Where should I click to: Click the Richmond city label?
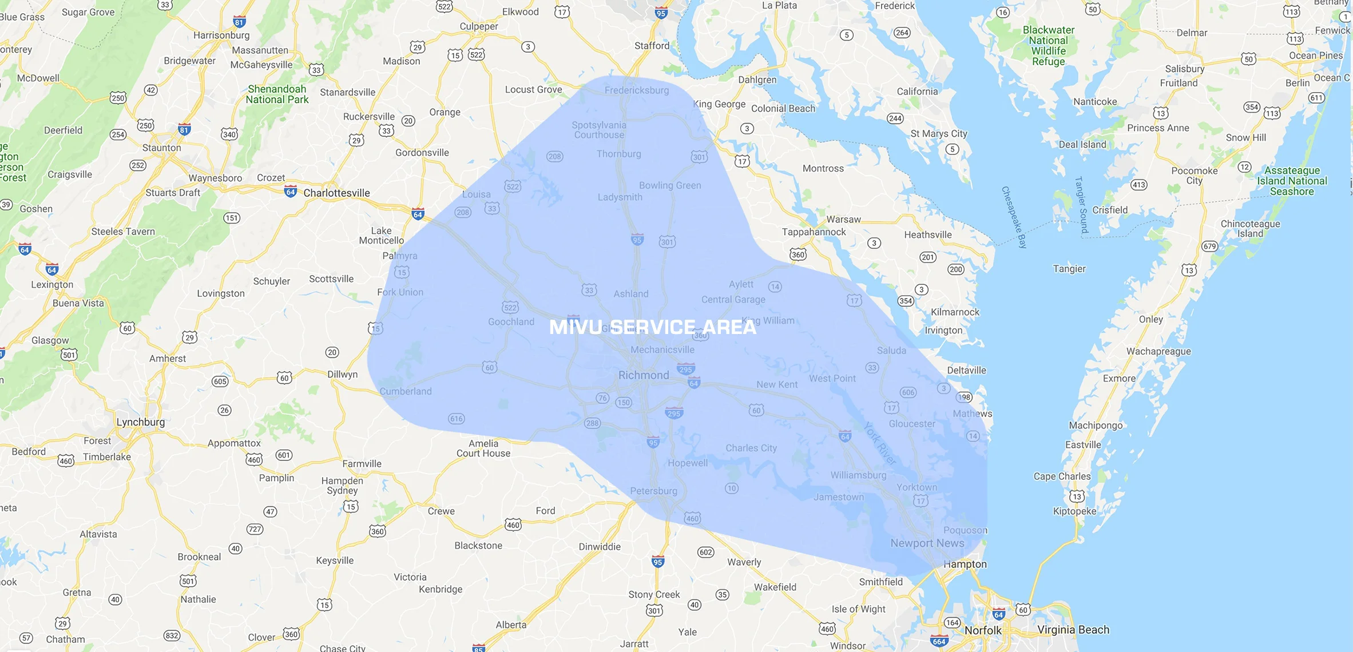point(644,375)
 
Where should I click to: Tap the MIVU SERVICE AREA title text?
point(653,327)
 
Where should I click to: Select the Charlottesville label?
point(336,193)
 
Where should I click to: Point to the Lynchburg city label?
point(141,422)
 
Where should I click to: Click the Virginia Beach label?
point(1073,630)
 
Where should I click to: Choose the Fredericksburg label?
point(636,90)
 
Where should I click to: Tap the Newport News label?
point(927,543)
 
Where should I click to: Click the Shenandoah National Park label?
point(277,94)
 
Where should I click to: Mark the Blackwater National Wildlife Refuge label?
point(1048,46)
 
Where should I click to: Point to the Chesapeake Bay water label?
point(1014,217)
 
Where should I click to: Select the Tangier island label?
point(1069,269)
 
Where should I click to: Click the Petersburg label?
point(653,491)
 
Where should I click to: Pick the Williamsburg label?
point(858,475)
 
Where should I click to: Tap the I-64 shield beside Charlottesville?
point(291,192)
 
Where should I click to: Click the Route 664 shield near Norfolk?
point(939,641)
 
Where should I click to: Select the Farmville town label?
point(362,464)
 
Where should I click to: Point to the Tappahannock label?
point(814,232)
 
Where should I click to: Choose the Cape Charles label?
point(1062,476)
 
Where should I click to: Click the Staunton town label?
point(161,148)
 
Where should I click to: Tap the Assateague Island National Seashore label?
point(1292,181)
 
